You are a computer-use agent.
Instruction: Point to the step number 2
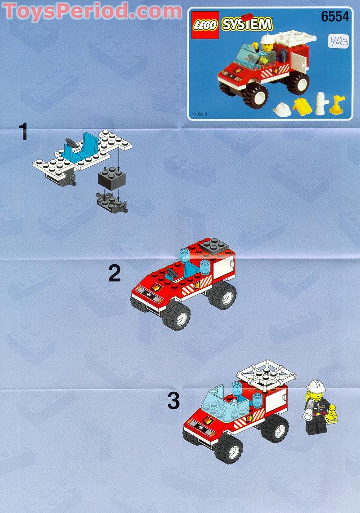[x=115, y=274]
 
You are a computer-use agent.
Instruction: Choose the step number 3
[x=173, y=401]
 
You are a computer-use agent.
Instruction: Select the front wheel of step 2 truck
[x=176, y=316]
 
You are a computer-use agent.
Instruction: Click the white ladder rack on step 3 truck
[x=267, y=374]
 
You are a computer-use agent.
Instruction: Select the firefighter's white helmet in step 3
[x=316, y=385]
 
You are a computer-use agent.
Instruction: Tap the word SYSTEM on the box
[x=247, y=24]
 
